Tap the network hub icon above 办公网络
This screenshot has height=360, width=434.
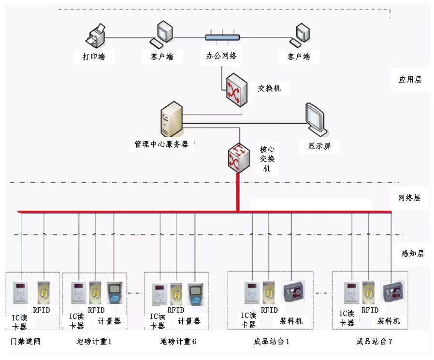[222, 37]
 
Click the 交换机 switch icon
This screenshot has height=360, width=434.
[236, 89]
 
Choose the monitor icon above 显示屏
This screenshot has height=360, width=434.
[316, 119]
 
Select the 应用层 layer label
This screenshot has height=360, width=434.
[410, 80]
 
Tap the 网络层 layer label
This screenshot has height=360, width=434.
[409, 198]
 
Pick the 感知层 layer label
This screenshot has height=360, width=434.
[412, 253]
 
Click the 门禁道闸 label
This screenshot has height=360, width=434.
[25, 342]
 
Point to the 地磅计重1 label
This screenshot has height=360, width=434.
[94, 342]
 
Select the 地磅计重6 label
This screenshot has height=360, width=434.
[178, 342]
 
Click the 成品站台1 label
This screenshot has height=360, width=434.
[271, 342]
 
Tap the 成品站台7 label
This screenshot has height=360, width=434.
[374, 342]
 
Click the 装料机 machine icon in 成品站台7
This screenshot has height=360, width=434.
[393, 293]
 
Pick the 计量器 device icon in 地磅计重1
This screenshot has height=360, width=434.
[115, 293]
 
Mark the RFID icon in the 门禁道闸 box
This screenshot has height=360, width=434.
[44, 292]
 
